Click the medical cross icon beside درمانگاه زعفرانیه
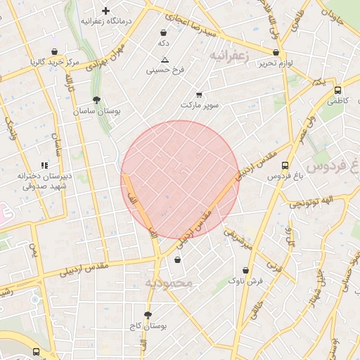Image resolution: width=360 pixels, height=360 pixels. point(105,11)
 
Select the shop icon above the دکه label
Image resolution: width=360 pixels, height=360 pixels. point(164,32)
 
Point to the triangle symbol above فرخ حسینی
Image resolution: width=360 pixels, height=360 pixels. point(165,60)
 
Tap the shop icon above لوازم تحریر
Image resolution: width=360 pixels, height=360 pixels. point(275,52)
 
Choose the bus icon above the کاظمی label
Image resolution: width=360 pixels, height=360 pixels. point(337,90)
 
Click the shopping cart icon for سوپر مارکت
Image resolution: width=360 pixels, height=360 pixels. point(199,94)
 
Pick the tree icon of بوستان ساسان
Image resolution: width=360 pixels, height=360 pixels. point(96,100)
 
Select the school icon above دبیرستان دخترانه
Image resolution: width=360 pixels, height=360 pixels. point(44,165)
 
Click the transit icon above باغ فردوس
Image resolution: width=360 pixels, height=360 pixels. point(284,166)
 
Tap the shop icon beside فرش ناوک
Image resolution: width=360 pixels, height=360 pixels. point(245,270)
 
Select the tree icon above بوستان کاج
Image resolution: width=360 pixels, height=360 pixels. point(147,315)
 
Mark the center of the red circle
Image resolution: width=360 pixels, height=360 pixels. point(179,179)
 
